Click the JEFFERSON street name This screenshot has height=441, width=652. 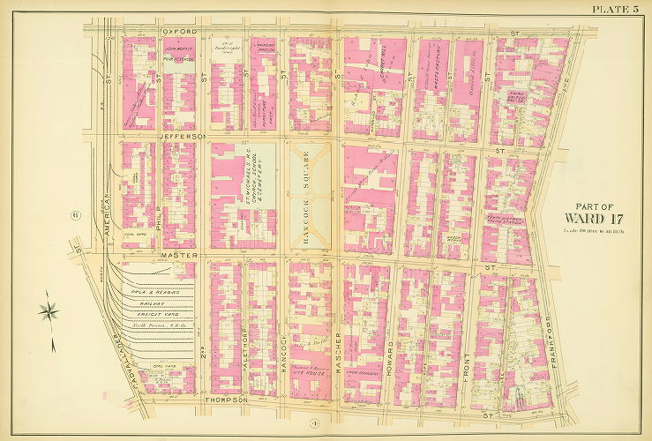point(183,137)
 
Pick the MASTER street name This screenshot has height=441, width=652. point(177,257)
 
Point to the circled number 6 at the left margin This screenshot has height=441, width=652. point(77,214)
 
